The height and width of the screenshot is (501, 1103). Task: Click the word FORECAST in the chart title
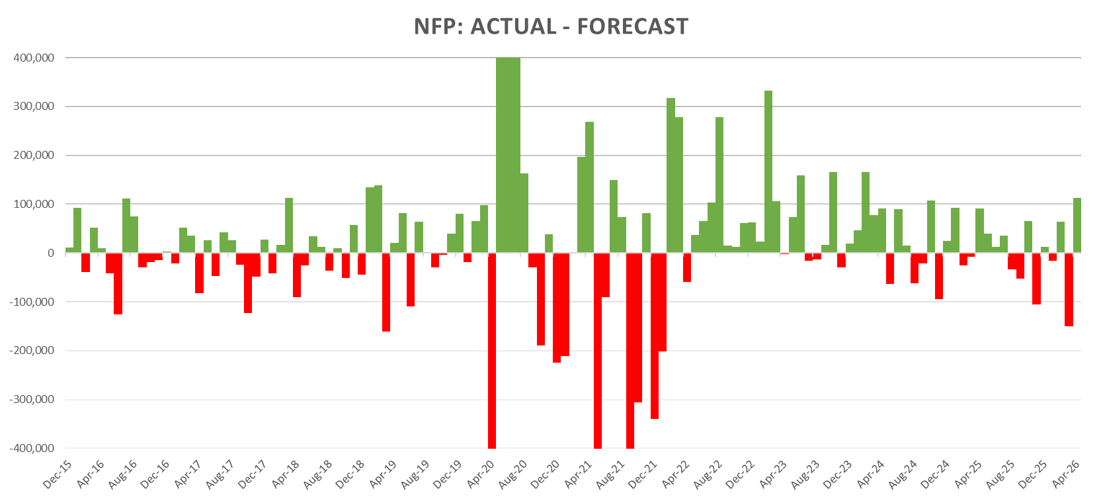633,26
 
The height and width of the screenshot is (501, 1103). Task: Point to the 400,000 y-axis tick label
34,58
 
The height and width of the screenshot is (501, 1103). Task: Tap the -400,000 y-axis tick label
32,448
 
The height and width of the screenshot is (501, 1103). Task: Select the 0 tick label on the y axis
51,253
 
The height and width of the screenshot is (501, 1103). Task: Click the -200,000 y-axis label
32,350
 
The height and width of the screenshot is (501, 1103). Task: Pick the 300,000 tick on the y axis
34,107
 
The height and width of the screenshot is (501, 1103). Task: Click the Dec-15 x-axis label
57,475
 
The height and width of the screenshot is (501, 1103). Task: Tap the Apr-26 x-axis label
1066,475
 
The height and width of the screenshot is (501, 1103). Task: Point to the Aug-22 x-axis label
708,475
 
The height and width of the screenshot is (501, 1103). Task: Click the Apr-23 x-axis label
773,475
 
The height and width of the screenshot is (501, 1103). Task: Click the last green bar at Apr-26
1077,225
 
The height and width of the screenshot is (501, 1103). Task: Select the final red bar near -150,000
1069,290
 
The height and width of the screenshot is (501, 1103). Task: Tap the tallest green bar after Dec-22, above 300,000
768,172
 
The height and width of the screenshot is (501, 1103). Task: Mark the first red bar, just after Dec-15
86,262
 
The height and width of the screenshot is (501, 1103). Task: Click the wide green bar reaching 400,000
508,155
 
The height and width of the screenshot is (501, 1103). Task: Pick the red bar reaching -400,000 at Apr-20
492,351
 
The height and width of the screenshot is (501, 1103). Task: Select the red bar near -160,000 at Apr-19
386,292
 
